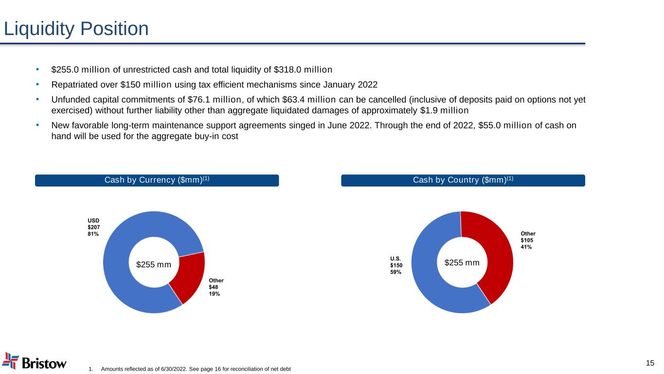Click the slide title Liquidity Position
(76, 29)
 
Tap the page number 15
(650, 362)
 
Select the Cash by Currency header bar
(157, 180)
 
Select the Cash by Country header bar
(463, 180)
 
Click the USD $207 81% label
(93, 227)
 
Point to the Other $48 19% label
(216, 287)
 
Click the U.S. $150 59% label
(396, 265)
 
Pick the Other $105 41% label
(528, 240)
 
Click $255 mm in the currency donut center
(154, 264)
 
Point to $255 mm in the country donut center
(462, 262)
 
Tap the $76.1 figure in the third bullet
(198, 100)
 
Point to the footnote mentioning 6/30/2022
(196, 369)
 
